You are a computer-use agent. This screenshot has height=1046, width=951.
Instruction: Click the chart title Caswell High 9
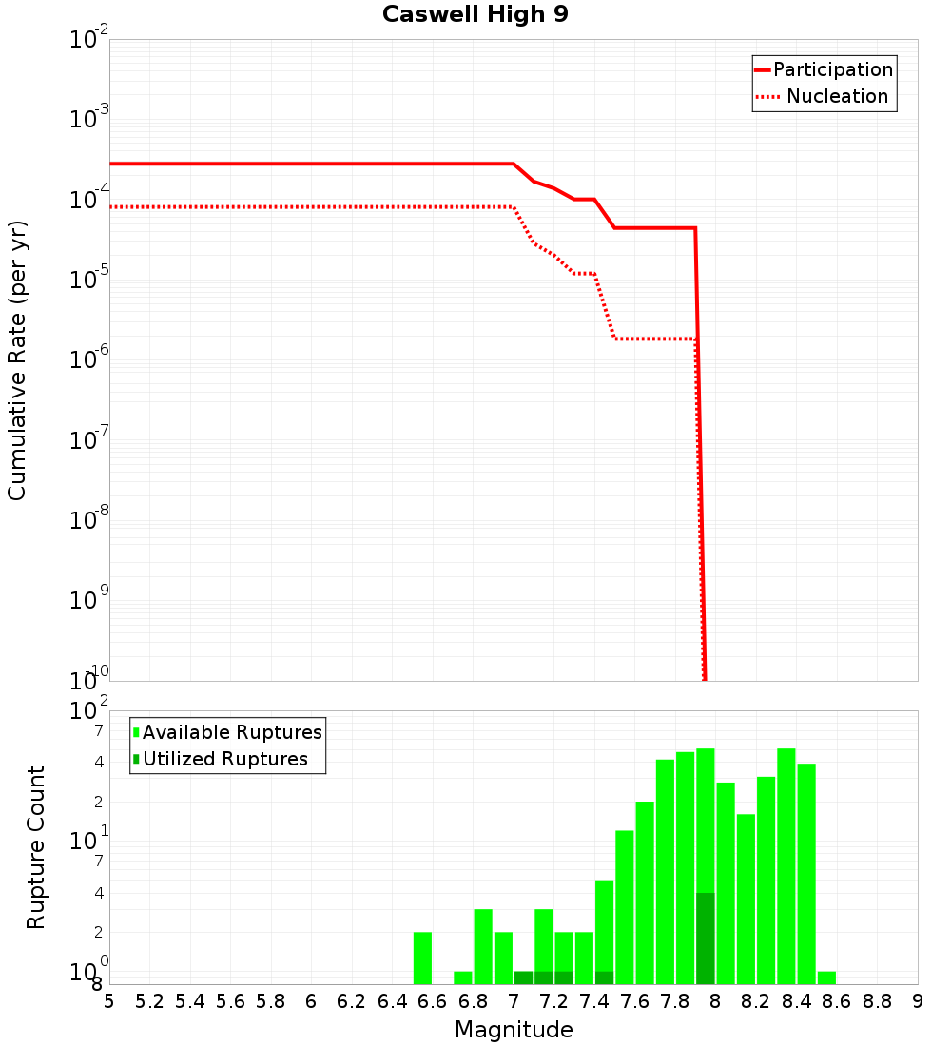[475, 15]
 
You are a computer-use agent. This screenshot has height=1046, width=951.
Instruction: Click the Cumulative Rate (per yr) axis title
[17, 359]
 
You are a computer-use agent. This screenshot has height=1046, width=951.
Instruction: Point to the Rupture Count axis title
[36, 847]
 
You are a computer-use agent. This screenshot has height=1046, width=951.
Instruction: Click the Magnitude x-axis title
[514, 1030]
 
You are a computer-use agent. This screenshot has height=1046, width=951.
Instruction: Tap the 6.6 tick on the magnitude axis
[433, 1001]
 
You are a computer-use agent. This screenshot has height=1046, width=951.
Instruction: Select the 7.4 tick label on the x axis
[594, 1001]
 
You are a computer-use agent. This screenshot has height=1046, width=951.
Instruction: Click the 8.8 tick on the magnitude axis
[877, 1001]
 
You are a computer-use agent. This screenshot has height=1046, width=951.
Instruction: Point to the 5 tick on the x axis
[109, 1001]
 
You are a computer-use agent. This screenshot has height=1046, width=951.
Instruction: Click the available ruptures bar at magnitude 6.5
[423, 958]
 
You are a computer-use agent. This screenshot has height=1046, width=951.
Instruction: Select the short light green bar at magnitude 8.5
[826, 978]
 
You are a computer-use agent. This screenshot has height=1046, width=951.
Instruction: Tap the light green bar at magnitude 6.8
[483, 946]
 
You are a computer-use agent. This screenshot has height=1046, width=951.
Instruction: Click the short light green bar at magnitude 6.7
[463, 978]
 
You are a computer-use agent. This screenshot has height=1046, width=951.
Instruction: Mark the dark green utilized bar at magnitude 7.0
[523, 978]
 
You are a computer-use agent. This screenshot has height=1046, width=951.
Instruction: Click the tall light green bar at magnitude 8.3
[786, 865]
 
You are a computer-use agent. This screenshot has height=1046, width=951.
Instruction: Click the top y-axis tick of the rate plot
[89, 40]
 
